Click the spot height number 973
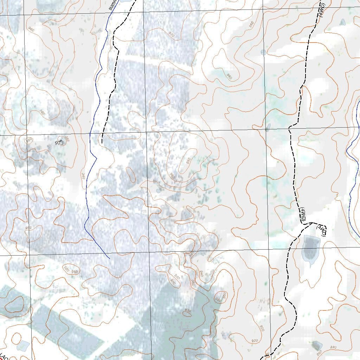tap(59, 143)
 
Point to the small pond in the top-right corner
tap(343, 22)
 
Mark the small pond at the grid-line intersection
tap(268, 127)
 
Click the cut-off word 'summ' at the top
tap(113, 5)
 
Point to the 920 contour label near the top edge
tap(172, 34)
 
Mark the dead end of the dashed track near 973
tap(102, 143)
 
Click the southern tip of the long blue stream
tap(110, 259)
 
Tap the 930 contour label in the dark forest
tap(187, 310)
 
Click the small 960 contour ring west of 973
tap(29, 140)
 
